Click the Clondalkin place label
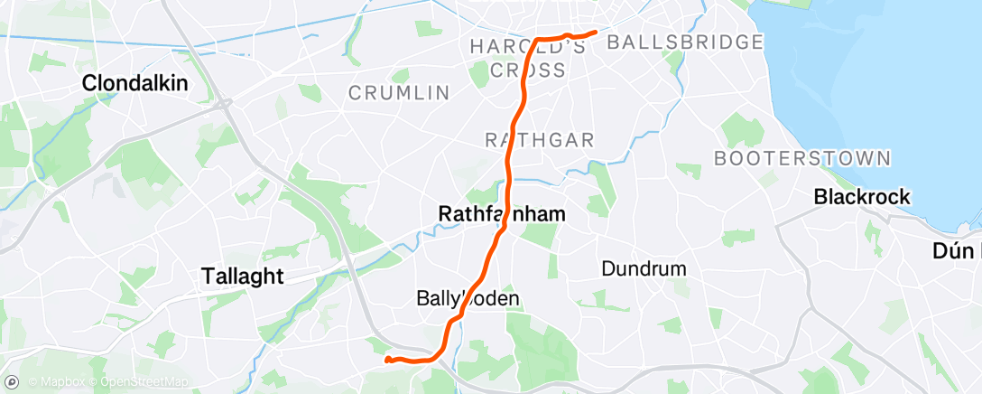[x=135, y=83]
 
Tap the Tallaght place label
[x=242, y=276]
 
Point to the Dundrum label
[x=644, y=268]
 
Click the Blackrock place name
[x=862, y=196]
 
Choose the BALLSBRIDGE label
[x=685, y=42]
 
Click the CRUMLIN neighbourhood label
[x=398, y=92]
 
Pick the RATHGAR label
[x=540, y=140]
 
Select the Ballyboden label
[x=468, y=297]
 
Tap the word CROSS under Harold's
[x=528, y=70]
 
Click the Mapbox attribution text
[x=58, y=382]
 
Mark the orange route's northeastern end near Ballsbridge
[x=597, y=33]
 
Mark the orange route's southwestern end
[x=387, y=360]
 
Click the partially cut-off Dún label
[x=957, y=252]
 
